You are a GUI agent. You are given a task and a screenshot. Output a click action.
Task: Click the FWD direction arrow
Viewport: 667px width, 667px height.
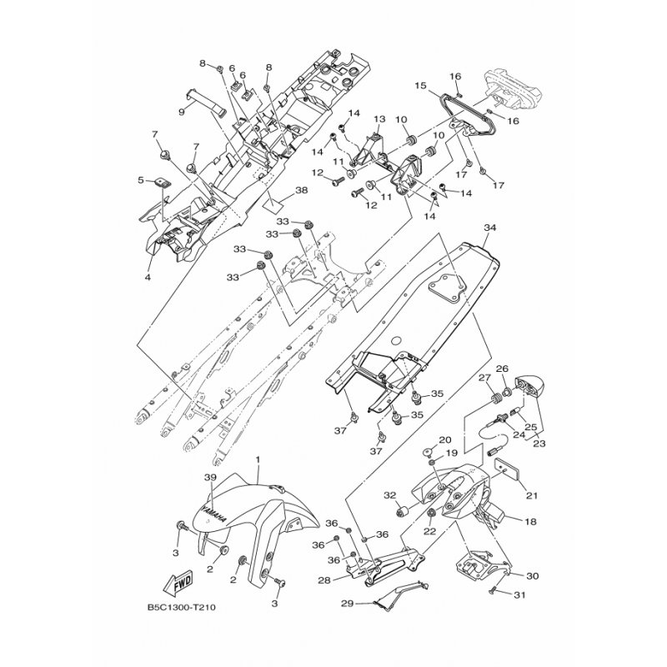178,583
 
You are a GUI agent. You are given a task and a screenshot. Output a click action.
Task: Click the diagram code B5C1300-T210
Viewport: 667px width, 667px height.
181,607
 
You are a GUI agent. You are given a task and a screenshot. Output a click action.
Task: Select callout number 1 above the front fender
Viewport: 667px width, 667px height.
258,460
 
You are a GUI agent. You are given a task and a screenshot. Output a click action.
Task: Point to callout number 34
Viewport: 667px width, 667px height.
490,228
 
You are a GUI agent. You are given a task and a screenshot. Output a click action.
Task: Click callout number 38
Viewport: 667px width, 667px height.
301,190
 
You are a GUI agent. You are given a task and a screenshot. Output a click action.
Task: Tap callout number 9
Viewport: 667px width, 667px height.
182,112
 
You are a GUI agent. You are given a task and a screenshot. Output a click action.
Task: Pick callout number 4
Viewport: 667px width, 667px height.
148,278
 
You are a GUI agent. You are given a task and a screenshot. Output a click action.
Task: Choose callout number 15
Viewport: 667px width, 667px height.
420,86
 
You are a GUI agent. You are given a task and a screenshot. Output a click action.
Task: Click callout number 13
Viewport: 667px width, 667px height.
379,119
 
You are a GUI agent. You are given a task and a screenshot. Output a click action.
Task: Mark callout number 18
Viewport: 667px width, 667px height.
530,522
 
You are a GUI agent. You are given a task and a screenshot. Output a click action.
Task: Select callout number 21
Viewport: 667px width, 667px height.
532,495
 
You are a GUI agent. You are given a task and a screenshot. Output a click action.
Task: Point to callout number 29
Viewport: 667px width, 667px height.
347,603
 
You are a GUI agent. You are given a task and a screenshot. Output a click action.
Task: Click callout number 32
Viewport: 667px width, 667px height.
389,495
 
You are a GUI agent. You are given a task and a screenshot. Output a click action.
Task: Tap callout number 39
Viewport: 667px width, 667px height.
210,478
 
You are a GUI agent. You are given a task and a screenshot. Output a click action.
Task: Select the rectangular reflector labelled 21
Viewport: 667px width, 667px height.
505,470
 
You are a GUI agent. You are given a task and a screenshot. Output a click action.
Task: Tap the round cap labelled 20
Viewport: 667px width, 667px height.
429,452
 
